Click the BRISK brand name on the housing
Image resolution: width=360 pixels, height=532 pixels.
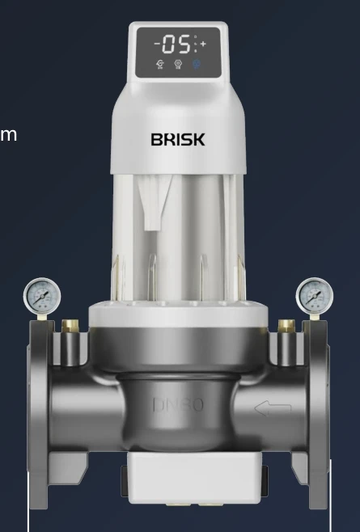[178, 139]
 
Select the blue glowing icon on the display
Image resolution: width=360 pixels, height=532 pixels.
[197, 64]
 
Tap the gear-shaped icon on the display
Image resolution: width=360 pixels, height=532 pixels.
[178, 64]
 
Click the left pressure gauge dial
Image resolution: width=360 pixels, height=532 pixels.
[41, 296]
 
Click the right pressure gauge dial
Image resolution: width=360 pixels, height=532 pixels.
[313, 295]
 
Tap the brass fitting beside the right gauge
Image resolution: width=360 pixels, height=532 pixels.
[285, 326]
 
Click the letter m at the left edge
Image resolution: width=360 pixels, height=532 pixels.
[8, 133]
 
